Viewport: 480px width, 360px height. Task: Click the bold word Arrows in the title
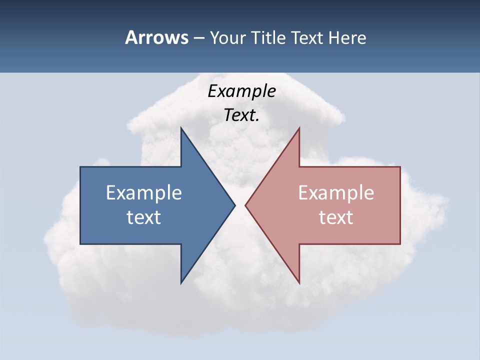pos(156,37)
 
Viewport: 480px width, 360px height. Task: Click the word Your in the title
pos(227,38)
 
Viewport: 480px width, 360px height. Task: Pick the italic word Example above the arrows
pos(241,91)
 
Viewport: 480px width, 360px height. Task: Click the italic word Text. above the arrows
pos(241,115)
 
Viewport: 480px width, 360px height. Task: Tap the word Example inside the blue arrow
pos(144,192)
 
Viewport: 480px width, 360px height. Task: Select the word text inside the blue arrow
pos(144,217)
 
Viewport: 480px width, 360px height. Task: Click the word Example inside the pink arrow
pos(336,192)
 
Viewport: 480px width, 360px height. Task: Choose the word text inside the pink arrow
pos(336,217)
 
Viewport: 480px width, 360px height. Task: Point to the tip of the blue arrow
pos(234,205)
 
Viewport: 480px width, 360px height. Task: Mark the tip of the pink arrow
pos(245,205)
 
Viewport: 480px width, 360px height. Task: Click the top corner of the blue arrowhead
pos(181,128)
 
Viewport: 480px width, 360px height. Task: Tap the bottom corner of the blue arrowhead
pos(181,283)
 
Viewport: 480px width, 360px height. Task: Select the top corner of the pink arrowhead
pos(299,128)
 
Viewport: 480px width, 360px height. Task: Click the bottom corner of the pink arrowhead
pos(299,283)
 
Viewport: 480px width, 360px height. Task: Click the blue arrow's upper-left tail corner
pos(80,167)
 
